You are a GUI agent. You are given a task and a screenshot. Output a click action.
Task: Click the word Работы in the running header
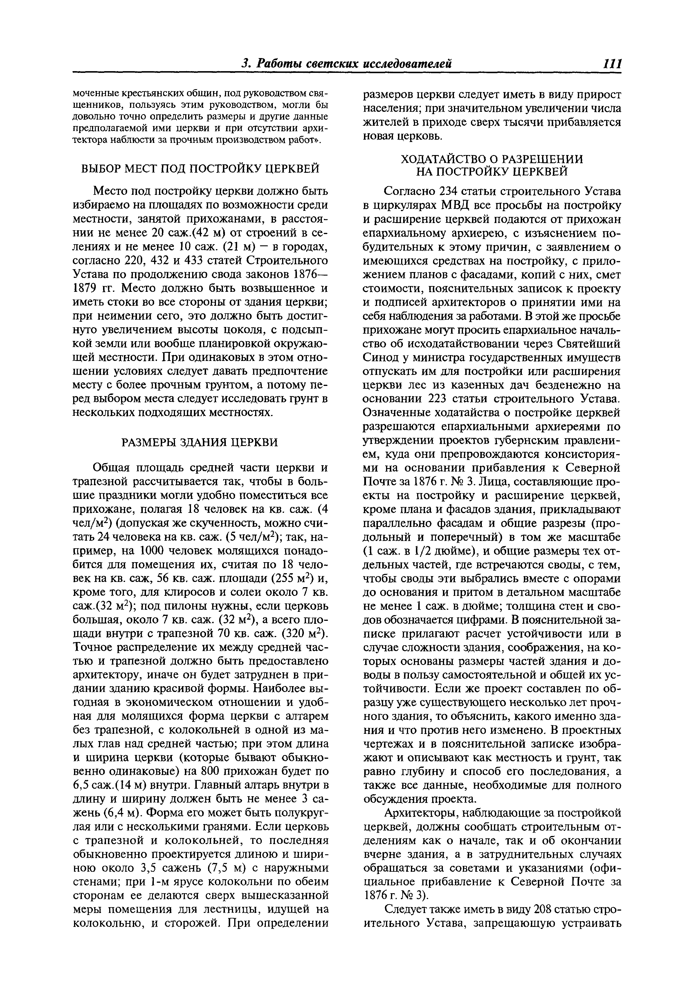(x=282, y=64)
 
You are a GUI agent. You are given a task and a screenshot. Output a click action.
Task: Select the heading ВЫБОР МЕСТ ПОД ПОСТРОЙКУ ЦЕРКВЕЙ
(x=200, y=168)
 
